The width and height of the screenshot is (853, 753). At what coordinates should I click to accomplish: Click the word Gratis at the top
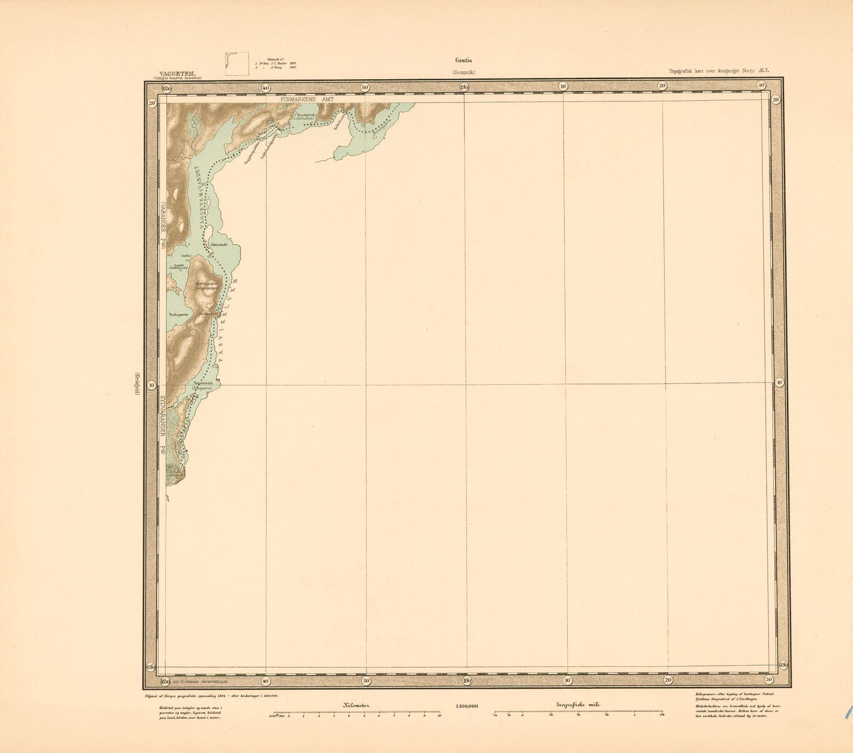pyautogui.click(x=463, y=60)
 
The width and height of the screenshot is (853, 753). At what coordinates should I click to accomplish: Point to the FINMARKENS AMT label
pyautogui.click(x=307, y=100)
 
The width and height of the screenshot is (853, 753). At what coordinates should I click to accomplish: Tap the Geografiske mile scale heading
pyautogui.click(x=577, y=705)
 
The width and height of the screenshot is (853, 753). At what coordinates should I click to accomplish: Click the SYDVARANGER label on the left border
pyautogui.click(x=161, y=422)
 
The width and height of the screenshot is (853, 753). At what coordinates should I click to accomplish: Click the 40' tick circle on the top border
pyautogui.click(x=266, y=87)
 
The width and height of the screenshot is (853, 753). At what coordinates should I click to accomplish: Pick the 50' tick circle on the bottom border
pyautogui.click(x=365, y=680)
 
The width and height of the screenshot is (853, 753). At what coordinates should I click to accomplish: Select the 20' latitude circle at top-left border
pyautogui.click(x=152, y=103)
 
